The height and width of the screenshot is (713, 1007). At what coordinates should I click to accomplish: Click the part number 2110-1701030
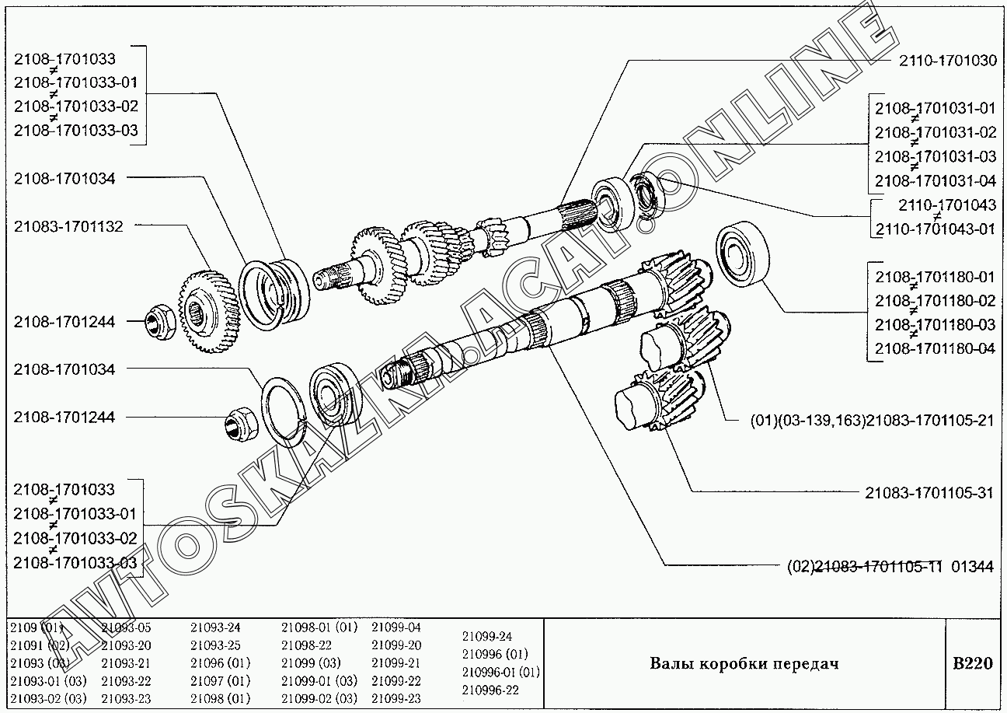948,61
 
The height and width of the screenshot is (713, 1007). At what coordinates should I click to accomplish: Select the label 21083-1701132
68,226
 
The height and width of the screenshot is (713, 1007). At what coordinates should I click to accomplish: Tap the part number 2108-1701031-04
935,181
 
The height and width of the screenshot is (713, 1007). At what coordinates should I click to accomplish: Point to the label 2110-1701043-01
935,229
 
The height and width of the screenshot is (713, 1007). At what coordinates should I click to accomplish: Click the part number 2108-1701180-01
935,277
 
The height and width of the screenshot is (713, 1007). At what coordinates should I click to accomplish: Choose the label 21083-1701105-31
929,493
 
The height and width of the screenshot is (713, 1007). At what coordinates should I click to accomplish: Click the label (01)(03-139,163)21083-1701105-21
872,420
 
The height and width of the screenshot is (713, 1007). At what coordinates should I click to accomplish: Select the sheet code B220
972,663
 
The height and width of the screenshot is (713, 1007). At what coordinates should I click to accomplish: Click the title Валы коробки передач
744,663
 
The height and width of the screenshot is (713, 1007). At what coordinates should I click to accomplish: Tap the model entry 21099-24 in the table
487,636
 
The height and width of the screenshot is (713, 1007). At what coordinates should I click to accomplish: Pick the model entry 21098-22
306,645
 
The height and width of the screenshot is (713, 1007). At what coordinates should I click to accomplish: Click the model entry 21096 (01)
220,663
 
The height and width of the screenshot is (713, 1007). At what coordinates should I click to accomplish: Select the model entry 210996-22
490,690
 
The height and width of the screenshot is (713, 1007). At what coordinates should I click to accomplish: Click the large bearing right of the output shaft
742,253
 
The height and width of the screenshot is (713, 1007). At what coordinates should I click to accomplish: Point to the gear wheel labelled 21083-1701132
210,311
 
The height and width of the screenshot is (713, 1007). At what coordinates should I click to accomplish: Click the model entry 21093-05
126,627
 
